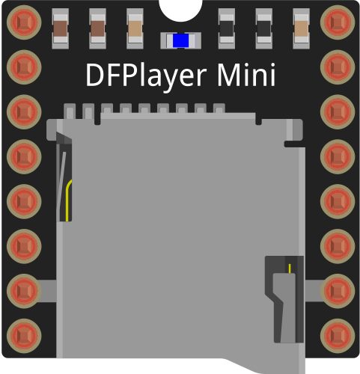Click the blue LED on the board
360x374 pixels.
click(180, 40)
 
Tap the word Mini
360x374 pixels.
click(246, 75)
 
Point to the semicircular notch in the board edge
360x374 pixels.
click(180, 10)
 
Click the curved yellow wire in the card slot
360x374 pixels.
click(68, 200)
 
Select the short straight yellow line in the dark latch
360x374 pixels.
click(290, 269)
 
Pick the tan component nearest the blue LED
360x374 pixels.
click(135, 28)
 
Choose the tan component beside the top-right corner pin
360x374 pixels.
click(302, 28)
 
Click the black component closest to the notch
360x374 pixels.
click(227, 28)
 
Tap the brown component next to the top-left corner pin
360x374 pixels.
click(61, 28)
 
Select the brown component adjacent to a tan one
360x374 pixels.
click(97, 28)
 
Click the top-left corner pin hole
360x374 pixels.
click(24, 22)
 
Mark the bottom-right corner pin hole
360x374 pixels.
click(338, 336)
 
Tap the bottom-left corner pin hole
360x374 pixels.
click(24, 336)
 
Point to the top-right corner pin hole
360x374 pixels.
click(338, 22)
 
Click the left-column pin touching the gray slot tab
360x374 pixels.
click(24, 291)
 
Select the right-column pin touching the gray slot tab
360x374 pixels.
click(338, 291)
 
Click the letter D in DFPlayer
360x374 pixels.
click(94, 75)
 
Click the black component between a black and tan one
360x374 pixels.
click(264, 28)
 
